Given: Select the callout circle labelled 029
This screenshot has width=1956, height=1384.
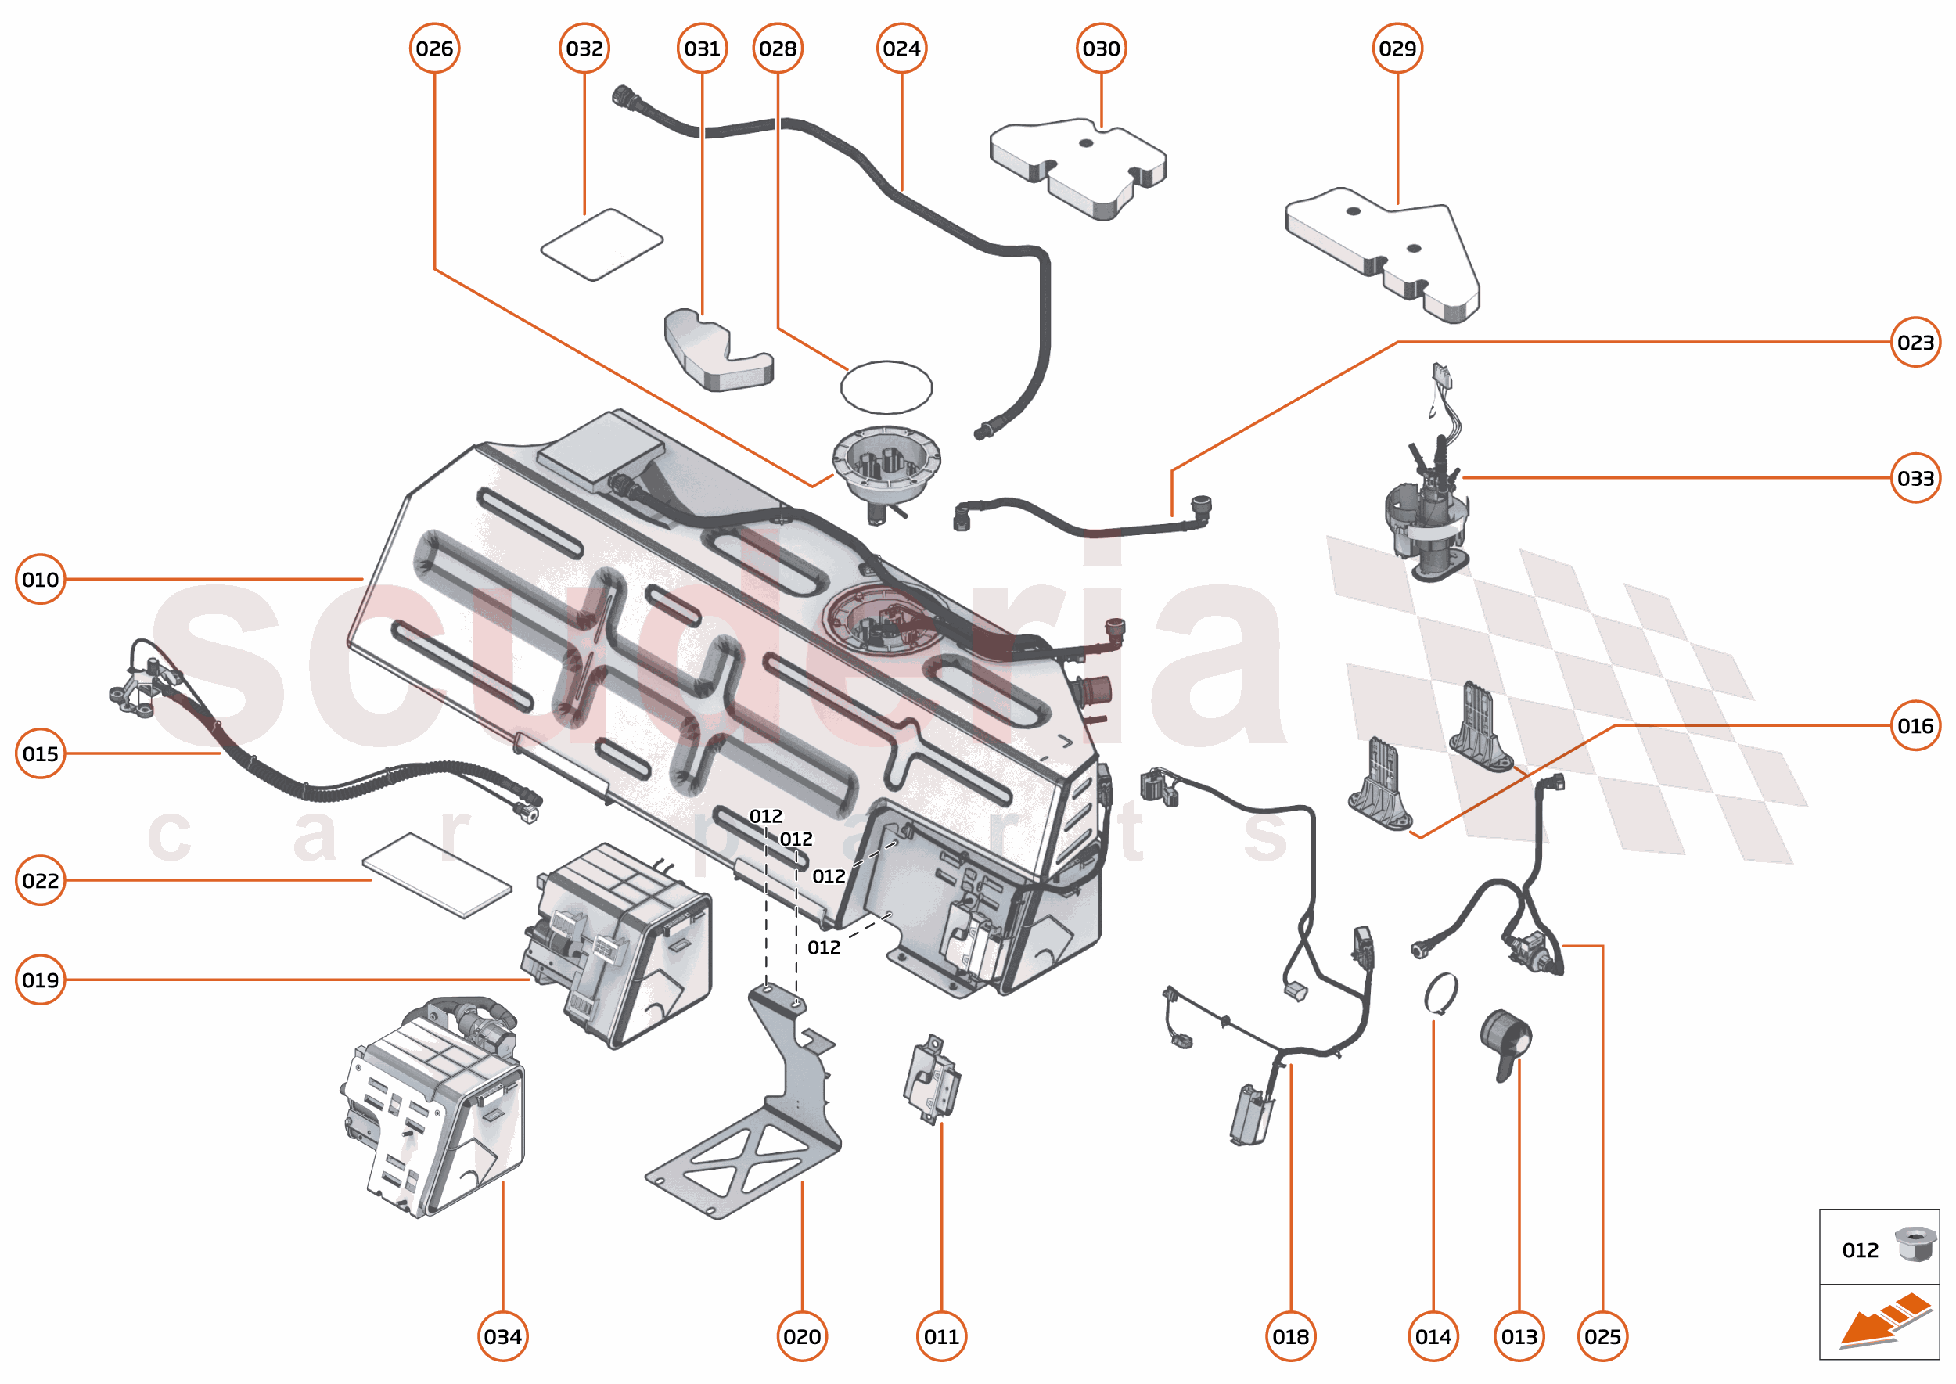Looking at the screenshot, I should pyautogui.click(x=1397, y=49).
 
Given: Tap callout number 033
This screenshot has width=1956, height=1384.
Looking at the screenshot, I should pyautogui.click(x=1915, y=478).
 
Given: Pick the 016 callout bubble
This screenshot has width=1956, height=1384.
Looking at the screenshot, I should pyautogui.click(x=1915, y=725).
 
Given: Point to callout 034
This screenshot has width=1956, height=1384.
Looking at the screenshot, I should pyautogui.click(x=502, y=1336).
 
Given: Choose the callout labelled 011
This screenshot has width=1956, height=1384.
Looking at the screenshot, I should pyautogui.click(x=941, y=1336).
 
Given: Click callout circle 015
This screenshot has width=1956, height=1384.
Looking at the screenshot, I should pyautogui.click(x=40, y=753).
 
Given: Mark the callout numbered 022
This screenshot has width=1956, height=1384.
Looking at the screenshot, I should pyautogui.click(x=40, y=879).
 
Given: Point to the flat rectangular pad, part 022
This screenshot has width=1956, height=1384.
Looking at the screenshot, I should pyautogui.click(x=437, y=875).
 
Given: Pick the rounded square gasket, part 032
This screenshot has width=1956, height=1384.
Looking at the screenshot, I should pyautogui.click(x=602, y=245).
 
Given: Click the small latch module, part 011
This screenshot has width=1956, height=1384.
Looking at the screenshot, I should pyautogui.click(x=932, y=1080).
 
